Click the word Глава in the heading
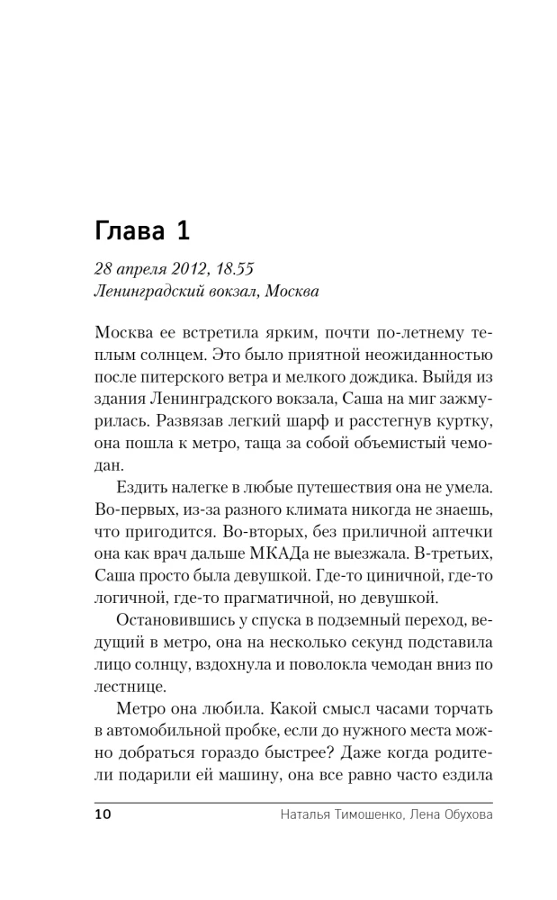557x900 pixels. [x=128, y=231]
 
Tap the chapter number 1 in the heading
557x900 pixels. [x=183, y=231]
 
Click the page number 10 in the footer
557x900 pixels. [x=102, y=815]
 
